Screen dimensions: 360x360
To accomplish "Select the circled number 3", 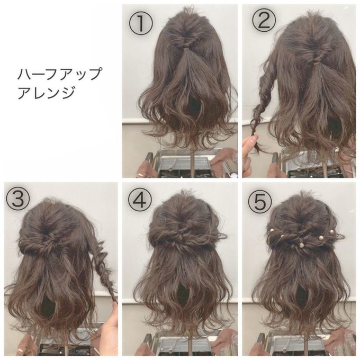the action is tap(18, 198).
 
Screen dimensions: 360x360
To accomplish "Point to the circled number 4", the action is tap(140, 200).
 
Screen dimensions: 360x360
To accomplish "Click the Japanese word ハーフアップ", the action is tap(59, 74).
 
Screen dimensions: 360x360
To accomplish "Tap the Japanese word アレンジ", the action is tap(46, 92).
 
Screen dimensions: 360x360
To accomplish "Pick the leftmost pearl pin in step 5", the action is tap(271, 230).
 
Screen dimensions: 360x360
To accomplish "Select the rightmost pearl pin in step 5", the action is tap(331, 232).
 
